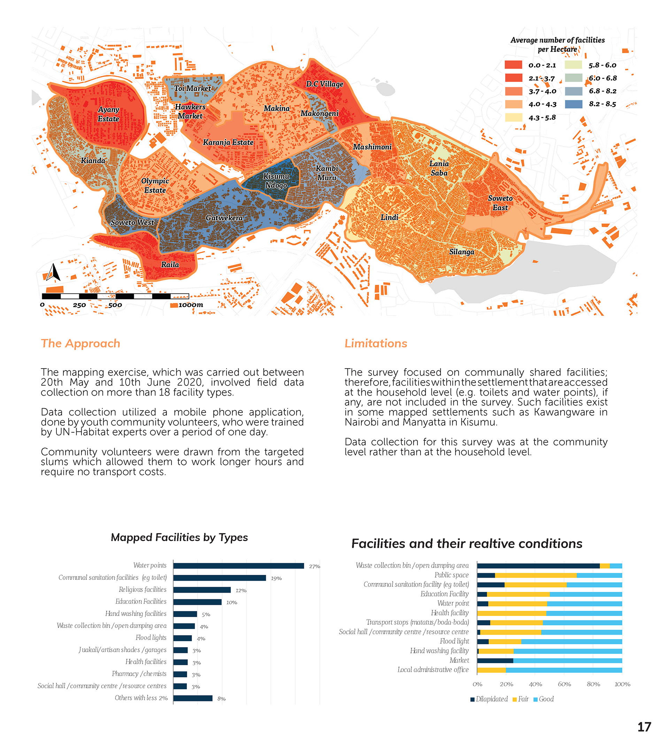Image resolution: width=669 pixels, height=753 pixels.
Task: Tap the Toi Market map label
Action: (x=192, y=89)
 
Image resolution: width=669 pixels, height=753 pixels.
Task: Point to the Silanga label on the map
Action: (x=461, y=252)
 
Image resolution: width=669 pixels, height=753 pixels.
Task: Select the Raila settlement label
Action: (x=170, y=265)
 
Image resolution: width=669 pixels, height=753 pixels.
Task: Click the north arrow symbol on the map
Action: (x=53, y=272)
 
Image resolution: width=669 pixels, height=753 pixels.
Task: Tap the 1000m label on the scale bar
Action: (x=190, y=305)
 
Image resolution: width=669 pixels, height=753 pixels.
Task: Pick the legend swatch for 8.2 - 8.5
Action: (x=573, y=104)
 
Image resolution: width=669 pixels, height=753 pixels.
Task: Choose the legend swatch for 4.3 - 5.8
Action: (x=513, y=117)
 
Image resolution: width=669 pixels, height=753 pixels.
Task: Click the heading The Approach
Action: (x=80, y=343)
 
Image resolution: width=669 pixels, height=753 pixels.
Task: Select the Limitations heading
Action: (x=376, y=343)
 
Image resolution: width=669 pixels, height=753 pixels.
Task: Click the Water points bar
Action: (x=239, y=566)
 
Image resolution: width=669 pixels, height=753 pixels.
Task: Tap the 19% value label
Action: (x=276, y=578)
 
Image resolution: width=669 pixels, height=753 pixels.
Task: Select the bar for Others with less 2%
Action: (x=193, y=698)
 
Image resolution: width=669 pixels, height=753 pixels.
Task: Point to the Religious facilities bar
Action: (x=202, y=590)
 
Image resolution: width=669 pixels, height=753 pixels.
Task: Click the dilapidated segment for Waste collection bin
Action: (x=538, y=566)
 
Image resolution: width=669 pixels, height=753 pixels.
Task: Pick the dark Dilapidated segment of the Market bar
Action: (x=495, y=661)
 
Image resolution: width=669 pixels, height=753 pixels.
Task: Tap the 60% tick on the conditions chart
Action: (x=564, y=684)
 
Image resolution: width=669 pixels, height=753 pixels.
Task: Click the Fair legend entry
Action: (x=520, y=699)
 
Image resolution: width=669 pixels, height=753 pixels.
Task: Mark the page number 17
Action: (x=644, y=727)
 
